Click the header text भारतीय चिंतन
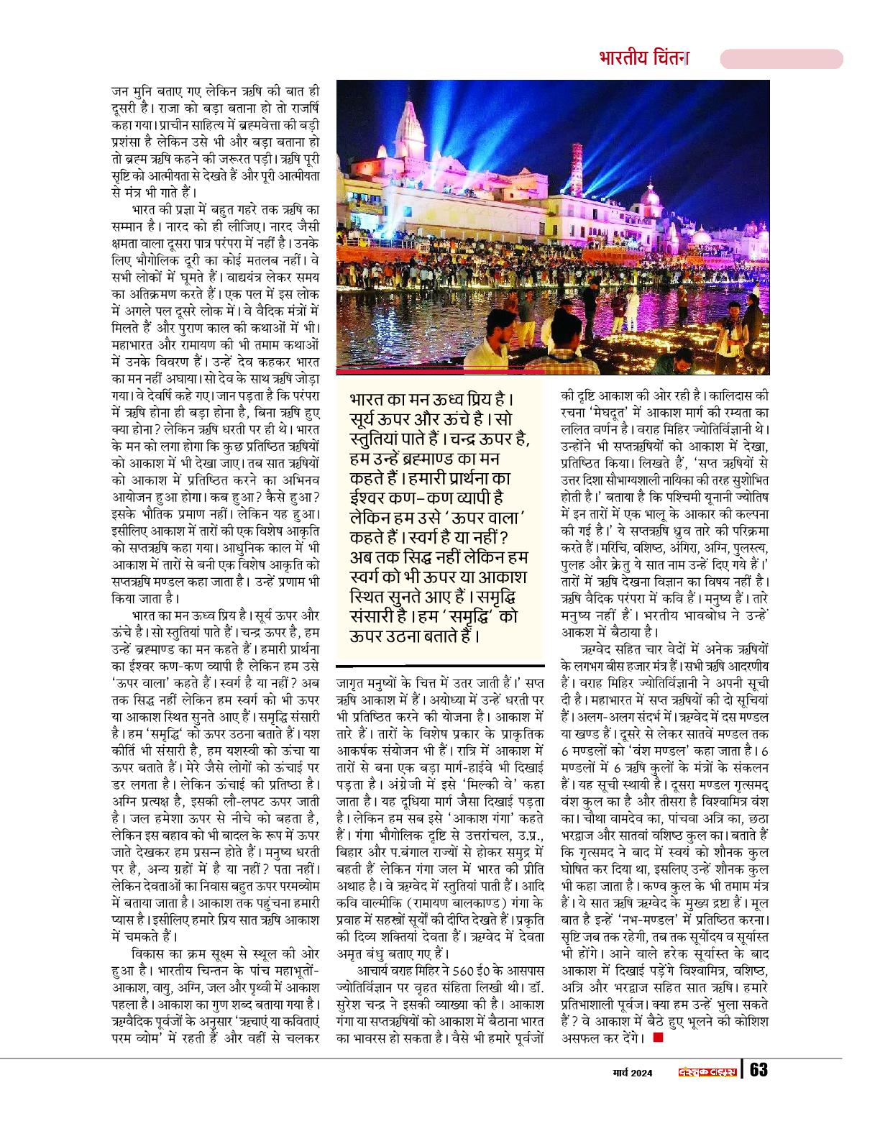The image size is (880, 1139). pos(643,58)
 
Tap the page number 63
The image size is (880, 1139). pos(758,1070)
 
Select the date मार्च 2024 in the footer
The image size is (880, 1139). pos(627,1073)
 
